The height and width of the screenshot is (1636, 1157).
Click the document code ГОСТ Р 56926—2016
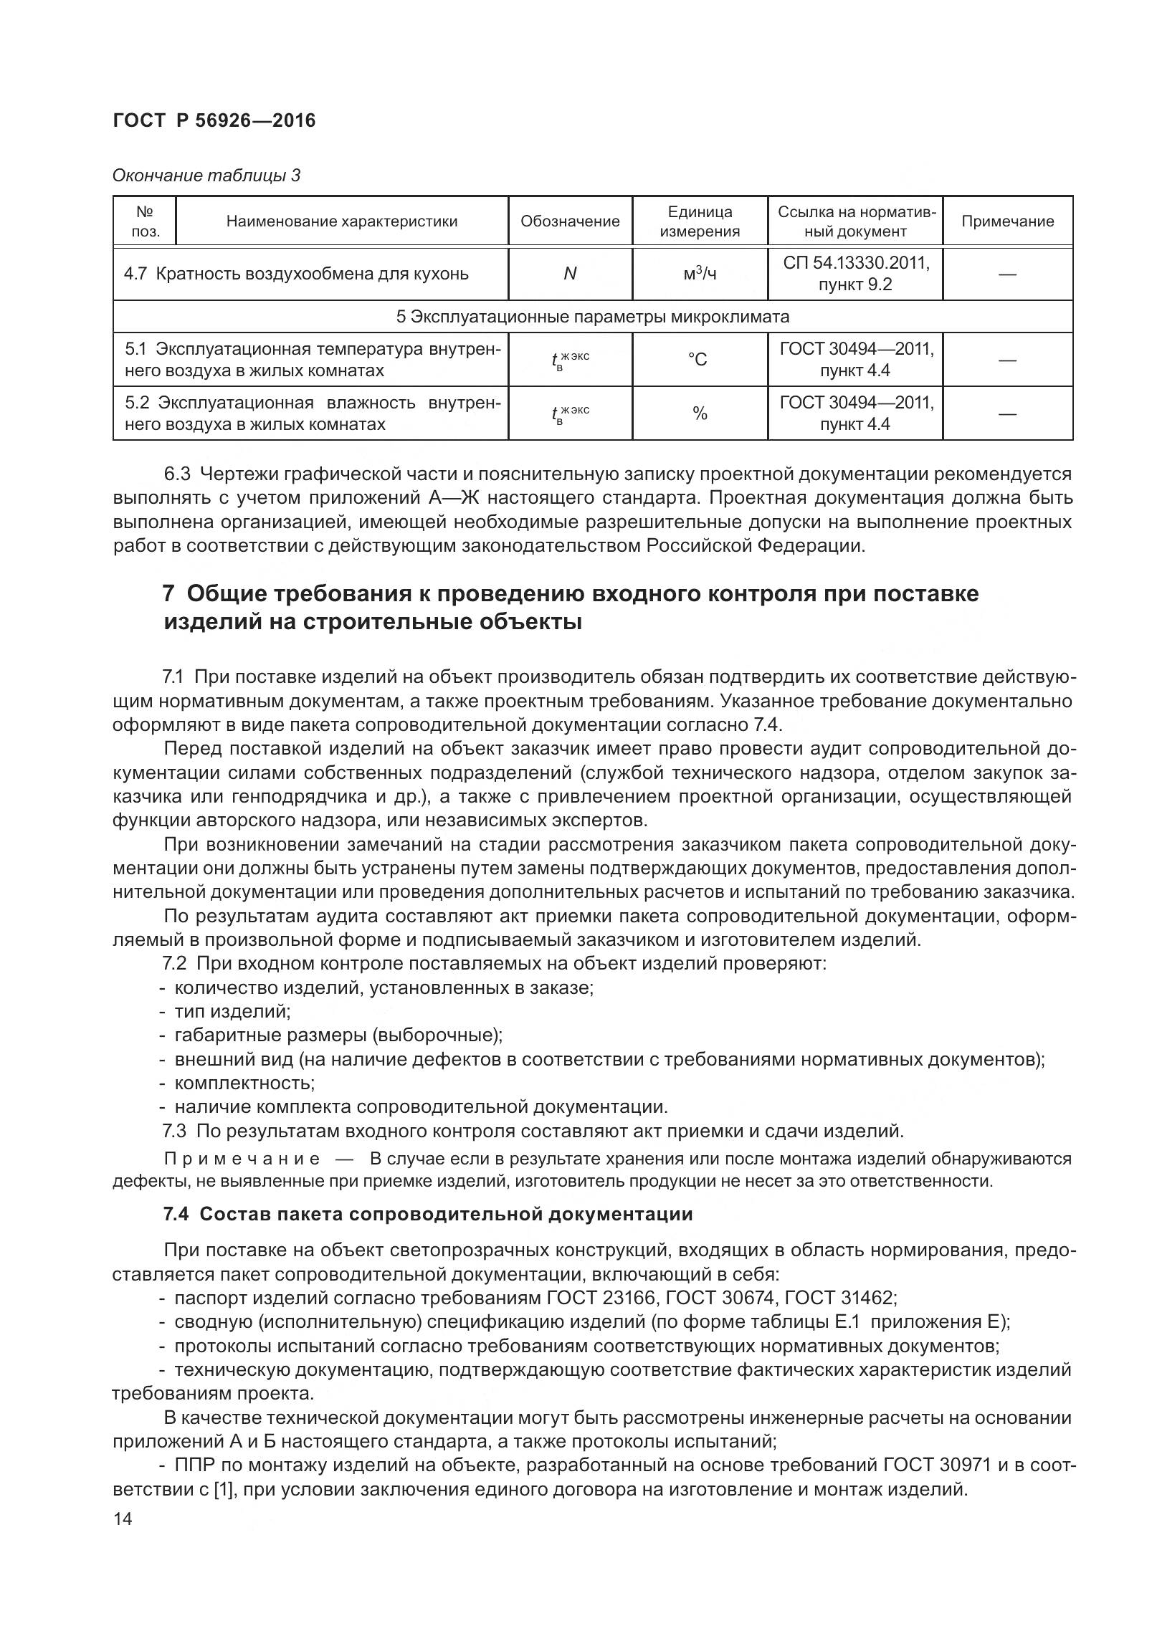click(x=214, y=120)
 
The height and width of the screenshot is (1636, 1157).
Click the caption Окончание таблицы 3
click(x=206, y=176)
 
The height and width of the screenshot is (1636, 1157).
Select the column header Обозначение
click(x=570, y=221)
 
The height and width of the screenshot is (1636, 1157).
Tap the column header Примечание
click(x=1007, y=221)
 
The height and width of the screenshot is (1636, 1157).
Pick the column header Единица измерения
click(x=700, y=221)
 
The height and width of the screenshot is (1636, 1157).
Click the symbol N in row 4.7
click(x=570, y=274)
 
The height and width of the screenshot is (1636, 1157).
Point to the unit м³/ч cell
click(x=700, y=274)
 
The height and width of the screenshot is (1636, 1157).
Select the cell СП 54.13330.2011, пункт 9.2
click(x=855, y=274)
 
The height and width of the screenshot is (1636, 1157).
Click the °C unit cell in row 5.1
click(x=700, y=360)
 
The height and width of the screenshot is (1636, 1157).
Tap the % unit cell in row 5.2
click(x=700, y=413)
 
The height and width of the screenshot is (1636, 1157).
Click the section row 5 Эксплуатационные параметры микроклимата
click(x=592, y=317)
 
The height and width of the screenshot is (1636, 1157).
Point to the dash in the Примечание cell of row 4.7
click(x=1007, y=274)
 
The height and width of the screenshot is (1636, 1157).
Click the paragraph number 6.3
click(x=177, y=474)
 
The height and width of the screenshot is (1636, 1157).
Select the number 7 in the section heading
click(x=169, y=594)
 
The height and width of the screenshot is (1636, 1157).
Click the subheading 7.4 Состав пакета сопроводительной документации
click(x=428, y=1214)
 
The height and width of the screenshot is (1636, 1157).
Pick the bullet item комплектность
click(x=244, y=1083)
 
